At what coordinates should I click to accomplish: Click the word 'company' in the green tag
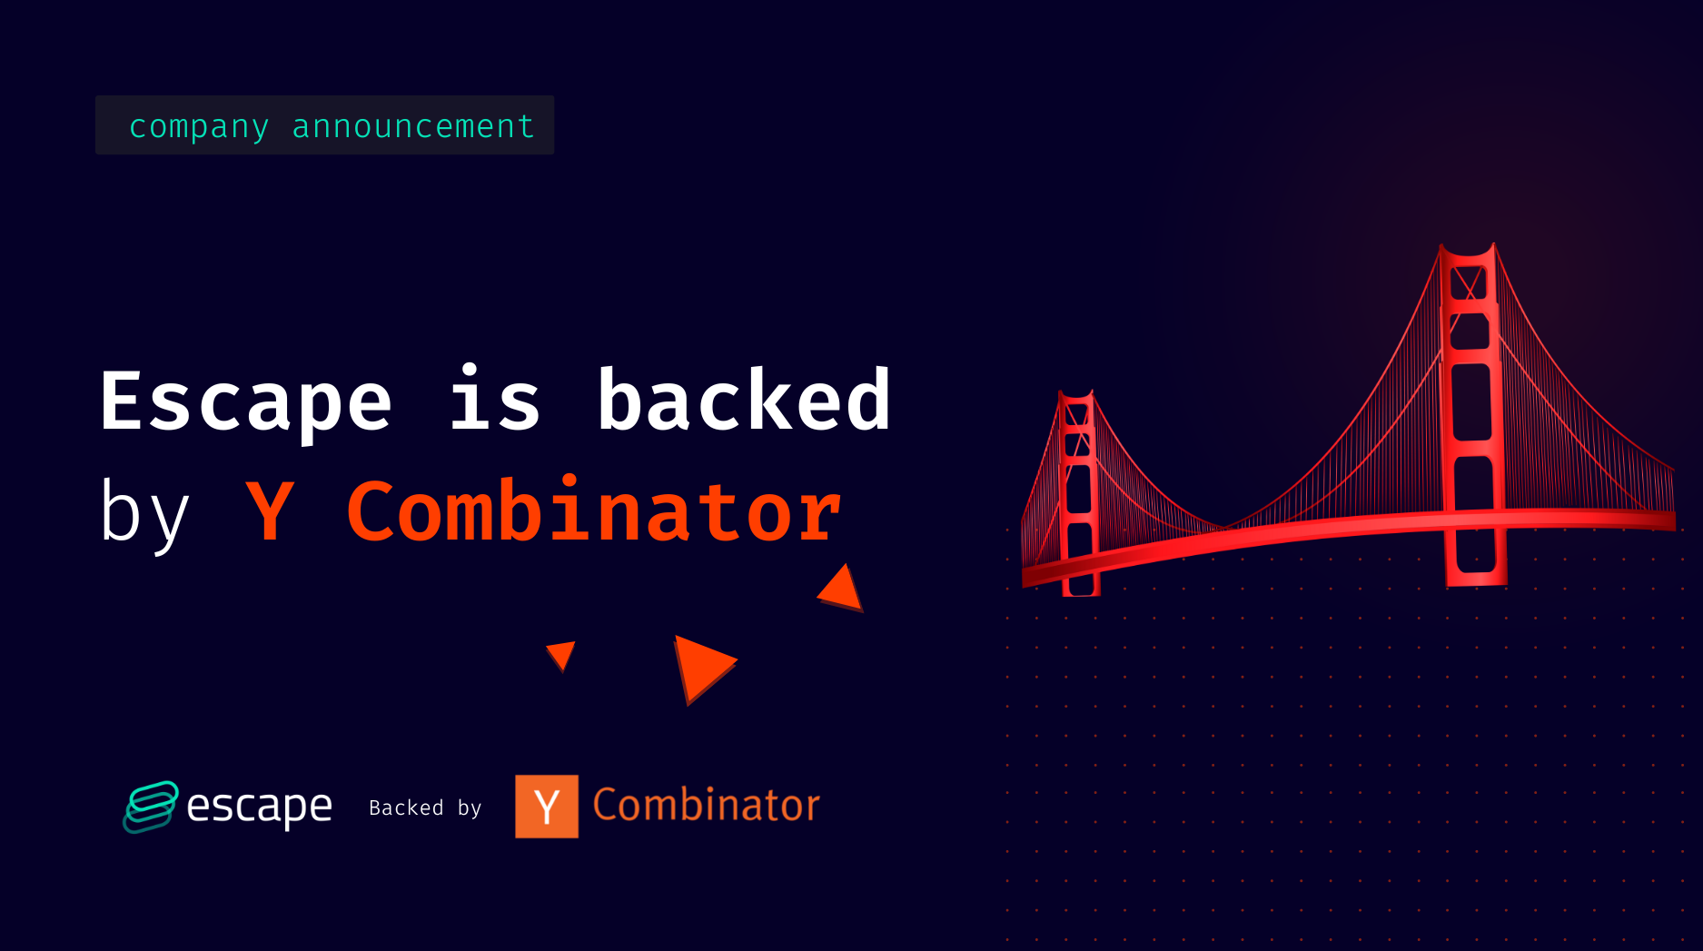pos(199,126)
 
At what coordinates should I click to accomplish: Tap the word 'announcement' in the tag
pos(412,126)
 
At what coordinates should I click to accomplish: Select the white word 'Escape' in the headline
pos(245,401)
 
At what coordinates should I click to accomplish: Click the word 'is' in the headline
pos(495,401)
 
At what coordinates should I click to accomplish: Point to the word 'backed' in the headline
pos(744,401)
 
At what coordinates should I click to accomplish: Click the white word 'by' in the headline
pos(144,512)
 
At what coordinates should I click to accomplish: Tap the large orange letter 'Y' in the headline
pos(270,512)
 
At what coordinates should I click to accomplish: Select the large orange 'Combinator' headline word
pos(594,512)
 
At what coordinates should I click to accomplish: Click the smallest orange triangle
pos(561,653)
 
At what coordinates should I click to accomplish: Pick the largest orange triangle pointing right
pos(701,666)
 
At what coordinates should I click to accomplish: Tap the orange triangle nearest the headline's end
pos(842,589)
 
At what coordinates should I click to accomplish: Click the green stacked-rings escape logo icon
pos(150,806)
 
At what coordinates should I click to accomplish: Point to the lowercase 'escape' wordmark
pos(259,806)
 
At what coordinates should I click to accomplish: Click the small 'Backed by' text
pos(425,807)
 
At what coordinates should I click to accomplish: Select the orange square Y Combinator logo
pos(547,806)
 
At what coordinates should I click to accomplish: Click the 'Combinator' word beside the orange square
pos(706,805)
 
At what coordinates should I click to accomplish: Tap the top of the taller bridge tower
pos(1468,253)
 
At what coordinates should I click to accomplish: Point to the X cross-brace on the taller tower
pos(1468,283)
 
